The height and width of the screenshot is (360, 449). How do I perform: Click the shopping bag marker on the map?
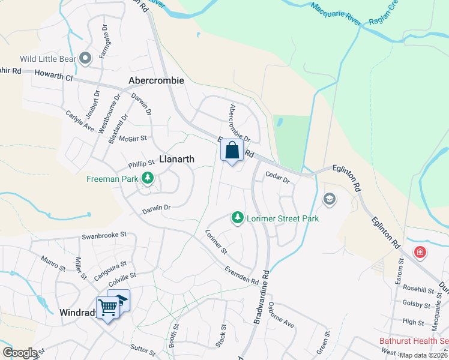coord(232,151)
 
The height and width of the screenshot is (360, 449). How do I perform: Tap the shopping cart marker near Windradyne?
coord(107,307)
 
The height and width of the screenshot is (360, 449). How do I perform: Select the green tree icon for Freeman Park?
coord(146,178)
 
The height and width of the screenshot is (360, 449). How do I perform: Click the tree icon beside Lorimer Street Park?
coord(238,218)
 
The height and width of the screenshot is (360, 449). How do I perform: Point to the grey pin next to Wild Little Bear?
coord(86,59)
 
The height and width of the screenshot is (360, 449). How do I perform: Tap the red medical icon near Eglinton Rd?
coord(420,252)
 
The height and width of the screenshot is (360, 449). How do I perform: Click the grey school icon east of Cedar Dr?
coord(329,199)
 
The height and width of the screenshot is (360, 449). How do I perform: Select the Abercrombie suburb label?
coord(156,80)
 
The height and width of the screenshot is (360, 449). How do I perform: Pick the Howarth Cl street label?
coord(52,78)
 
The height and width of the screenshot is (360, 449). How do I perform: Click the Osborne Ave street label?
coord(282,317)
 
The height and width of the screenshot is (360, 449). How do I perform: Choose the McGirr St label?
coord(133,139)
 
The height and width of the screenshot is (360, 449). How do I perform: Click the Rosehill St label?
coord(418,290)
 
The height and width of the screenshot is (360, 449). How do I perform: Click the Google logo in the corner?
coord(20,352)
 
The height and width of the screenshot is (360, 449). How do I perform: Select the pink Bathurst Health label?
coord(414,341)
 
